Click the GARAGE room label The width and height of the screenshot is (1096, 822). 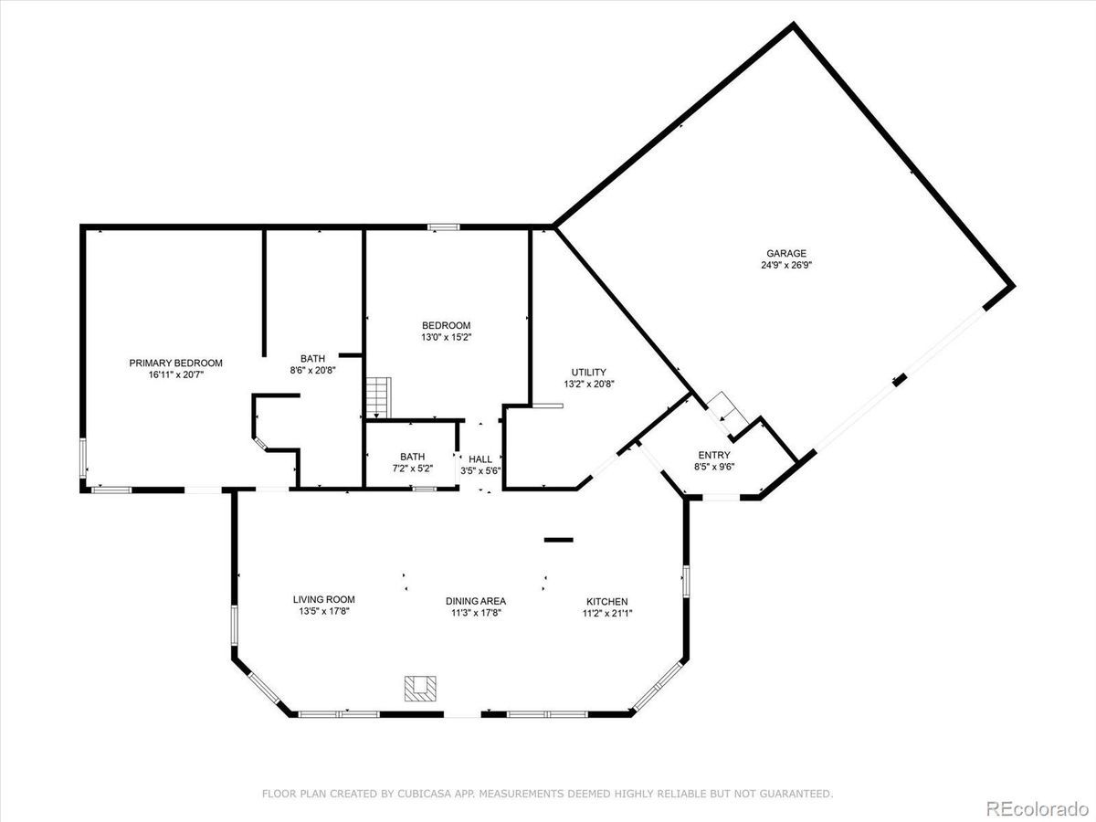pos(785,253)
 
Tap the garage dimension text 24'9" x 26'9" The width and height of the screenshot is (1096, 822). pos(785,265)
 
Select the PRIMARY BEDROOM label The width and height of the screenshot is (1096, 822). pos(175,363)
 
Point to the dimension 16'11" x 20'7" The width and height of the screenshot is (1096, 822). pos(175,374)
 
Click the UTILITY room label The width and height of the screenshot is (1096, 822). pos(588,372)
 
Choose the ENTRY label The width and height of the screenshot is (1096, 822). pos(714,454)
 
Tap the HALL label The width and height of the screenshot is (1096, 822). pos(480,458)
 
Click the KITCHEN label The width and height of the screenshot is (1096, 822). pos(606,601)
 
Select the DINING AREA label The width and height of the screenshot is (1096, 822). pos(475,601)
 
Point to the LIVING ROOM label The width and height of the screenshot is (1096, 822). pos(323,599)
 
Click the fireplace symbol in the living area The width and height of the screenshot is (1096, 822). pos(421,688)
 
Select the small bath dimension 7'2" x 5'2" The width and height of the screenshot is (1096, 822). pos(412,469)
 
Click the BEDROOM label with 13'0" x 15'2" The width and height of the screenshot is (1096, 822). pos(446,325)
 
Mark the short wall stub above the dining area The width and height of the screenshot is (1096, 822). pos(558,540)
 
